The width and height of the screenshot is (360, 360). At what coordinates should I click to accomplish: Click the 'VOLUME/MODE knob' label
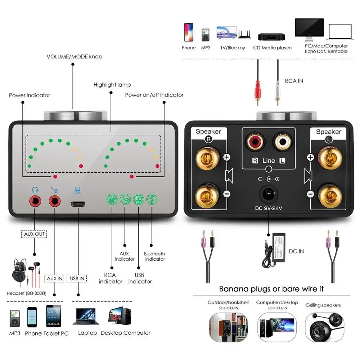75,57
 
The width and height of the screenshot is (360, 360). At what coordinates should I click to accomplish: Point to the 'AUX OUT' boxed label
35,234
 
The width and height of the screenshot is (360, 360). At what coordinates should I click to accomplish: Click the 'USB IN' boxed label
77,278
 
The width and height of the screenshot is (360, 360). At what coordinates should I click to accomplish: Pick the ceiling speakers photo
323,326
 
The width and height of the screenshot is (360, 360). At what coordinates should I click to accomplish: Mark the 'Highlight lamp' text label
112,85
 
